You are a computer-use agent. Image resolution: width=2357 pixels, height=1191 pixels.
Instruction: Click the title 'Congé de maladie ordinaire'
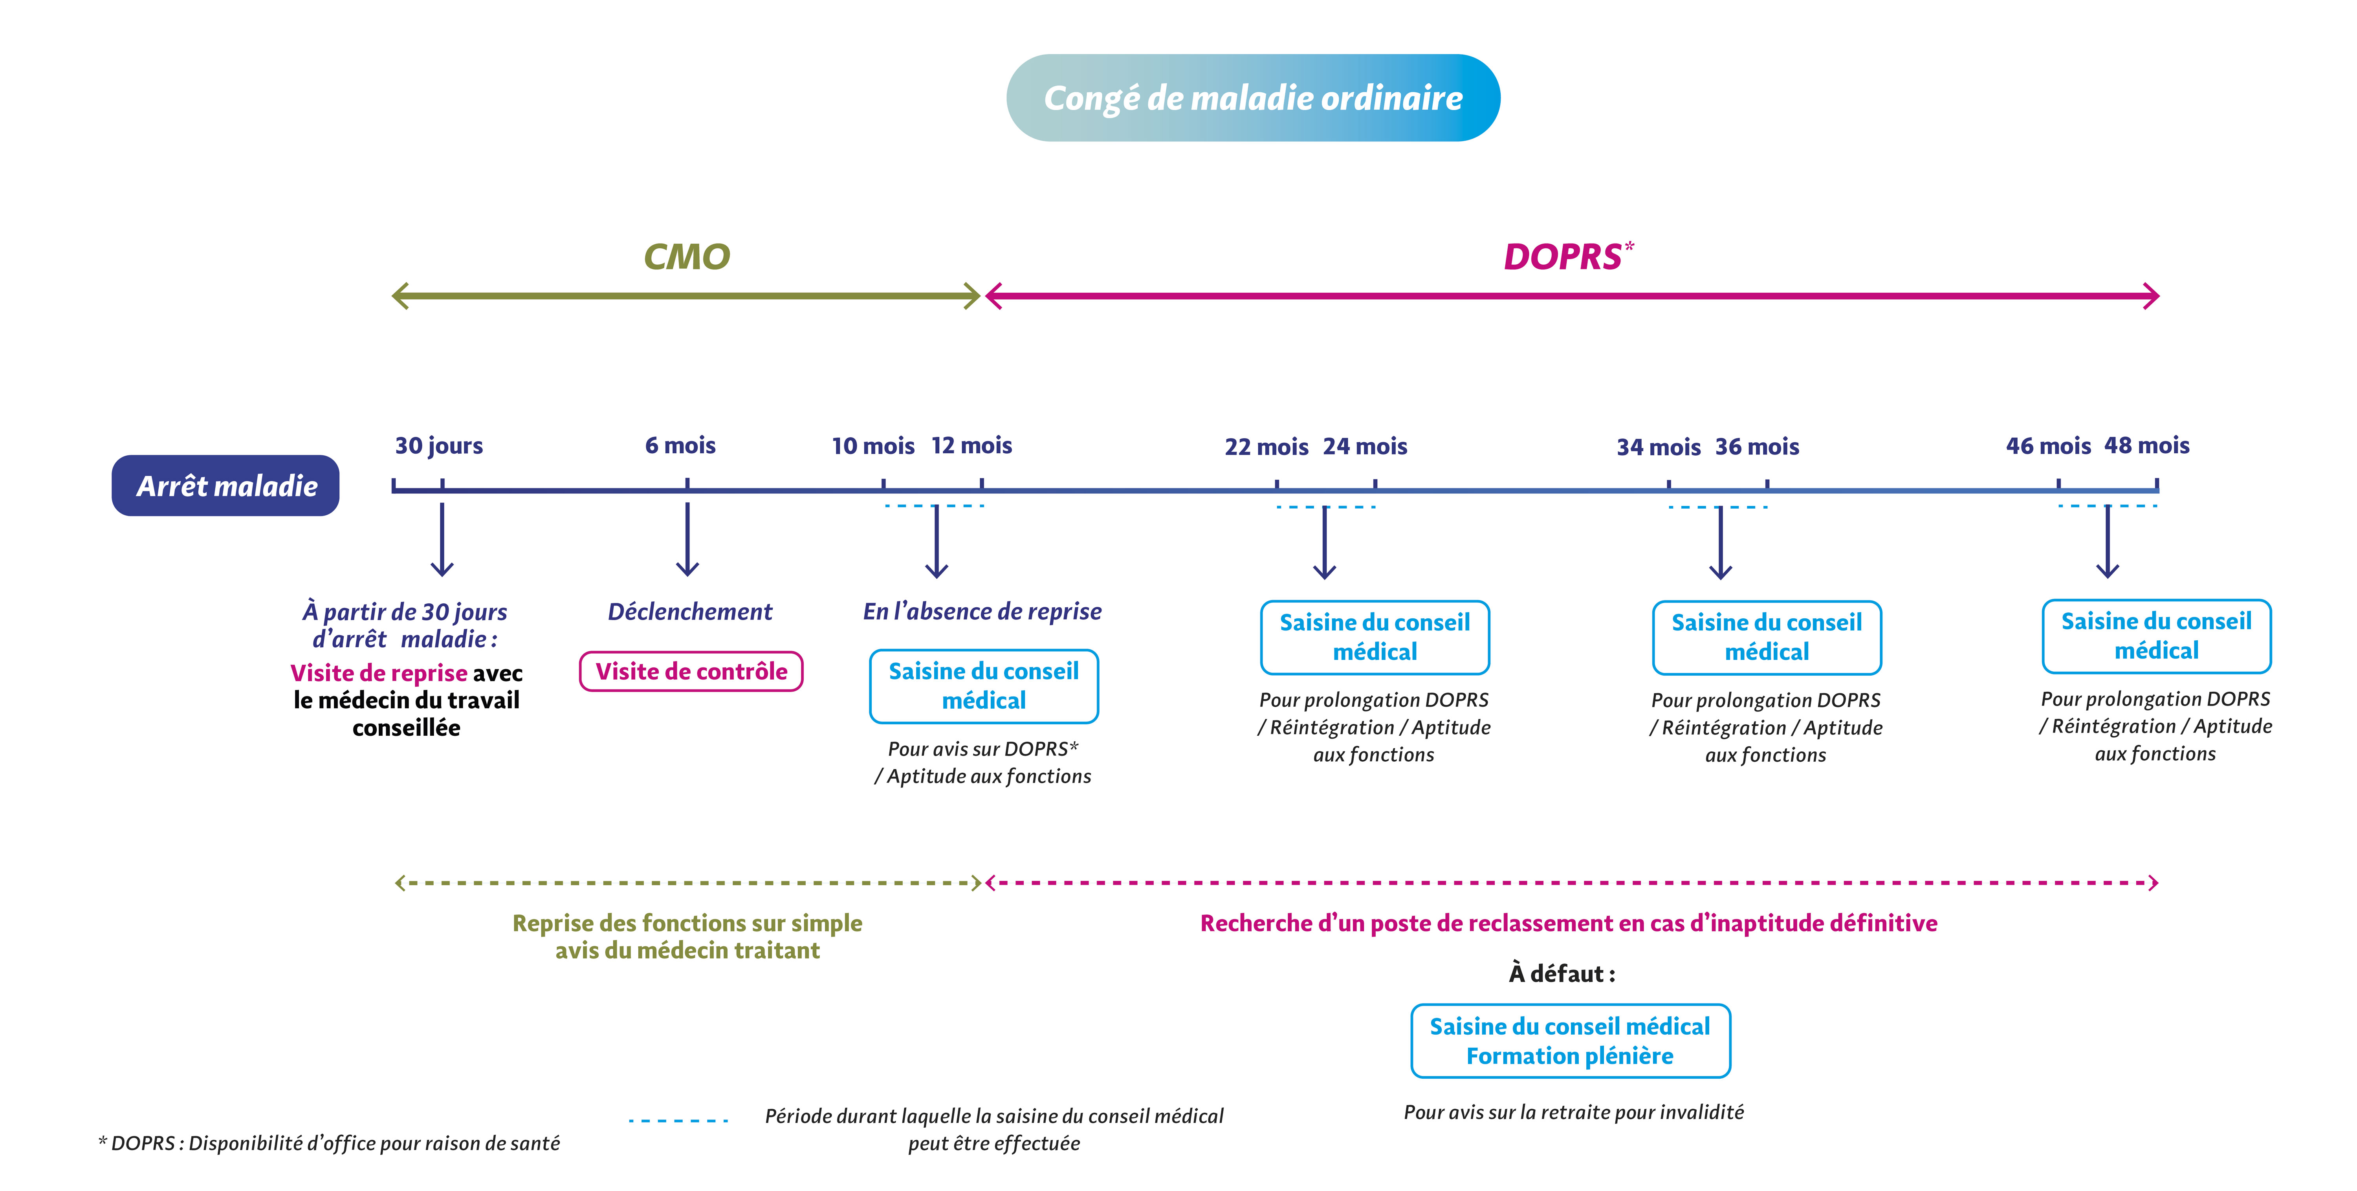(x=1253, y=98)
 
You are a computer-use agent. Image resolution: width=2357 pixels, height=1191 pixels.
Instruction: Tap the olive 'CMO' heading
(x=686, y=257)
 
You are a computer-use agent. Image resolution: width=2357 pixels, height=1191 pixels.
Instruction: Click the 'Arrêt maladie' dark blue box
(x=226, y=486)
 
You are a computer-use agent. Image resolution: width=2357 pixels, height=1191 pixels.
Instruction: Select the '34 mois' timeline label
(x=1658, y=447)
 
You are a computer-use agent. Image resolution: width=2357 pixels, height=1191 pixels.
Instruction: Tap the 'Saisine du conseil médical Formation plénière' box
(x=1570, y=1041)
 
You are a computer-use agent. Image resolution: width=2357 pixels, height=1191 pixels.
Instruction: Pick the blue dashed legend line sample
(x=678, y=1120)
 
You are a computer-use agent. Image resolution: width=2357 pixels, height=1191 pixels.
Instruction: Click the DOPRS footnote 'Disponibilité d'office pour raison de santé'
(x=330, y=1143)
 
